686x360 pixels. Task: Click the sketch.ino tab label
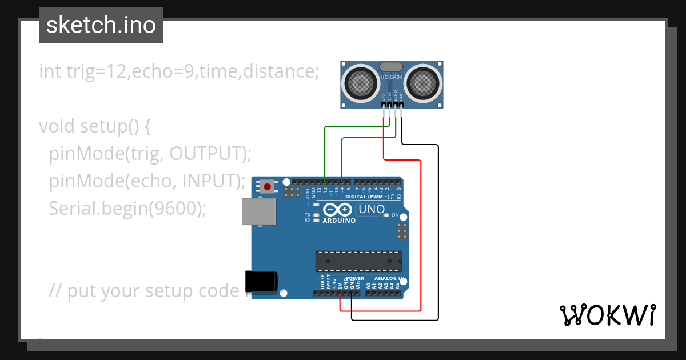pos(101,25)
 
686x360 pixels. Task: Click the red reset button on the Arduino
pos(267,186)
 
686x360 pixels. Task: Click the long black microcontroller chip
pos(358,261)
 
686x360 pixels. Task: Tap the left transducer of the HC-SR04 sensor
pos(360,84)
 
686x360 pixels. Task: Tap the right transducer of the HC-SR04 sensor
pos(424,84)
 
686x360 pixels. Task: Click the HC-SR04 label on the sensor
pos(392,77)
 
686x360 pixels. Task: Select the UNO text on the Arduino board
pos(372,210)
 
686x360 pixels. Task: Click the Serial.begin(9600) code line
pos(127,209)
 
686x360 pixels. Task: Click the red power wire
pos(421,240)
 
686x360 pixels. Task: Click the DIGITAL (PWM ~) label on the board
pos(367,197)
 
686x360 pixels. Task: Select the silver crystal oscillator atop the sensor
pos(391,67)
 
